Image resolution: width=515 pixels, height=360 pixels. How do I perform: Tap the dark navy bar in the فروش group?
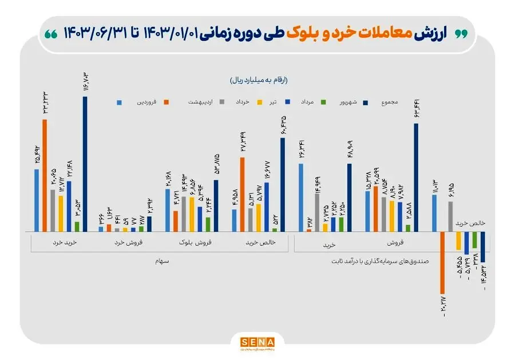416,177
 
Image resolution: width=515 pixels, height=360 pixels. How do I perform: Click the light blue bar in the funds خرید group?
301,197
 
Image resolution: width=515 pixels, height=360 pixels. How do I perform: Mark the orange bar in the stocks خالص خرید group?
242,194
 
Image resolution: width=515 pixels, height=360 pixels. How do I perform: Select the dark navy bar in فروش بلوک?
216,205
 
